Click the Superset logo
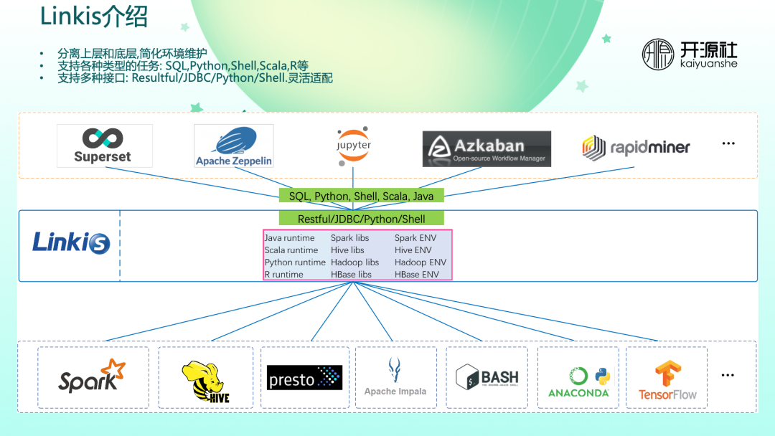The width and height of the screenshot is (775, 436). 104,146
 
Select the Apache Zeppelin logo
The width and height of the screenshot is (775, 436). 233,146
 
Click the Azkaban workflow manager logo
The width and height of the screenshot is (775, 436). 487,148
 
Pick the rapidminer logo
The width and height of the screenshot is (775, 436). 635,148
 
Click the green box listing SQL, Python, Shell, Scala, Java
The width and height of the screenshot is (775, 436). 361,196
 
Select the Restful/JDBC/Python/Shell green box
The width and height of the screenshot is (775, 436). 361,219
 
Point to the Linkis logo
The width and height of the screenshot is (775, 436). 70,242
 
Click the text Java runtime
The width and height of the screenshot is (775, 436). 289,238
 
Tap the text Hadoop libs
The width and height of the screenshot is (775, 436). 354,262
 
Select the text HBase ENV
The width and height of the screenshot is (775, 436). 416,275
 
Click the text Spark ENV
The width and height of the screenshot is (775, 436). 415,238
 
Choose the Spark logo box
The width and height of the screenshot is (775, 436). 93,377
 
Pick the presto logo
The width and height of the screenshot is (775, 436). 304,378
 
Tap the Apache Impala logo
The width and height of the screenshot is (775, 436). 395,377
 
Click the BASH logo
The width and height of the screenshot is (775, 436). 487,377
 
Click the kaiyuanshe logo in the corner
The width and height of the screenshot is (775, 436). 689,54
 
